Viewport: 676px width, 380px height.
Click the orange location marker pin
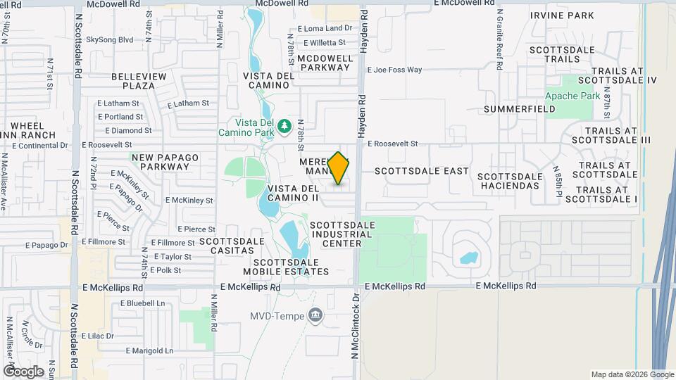(339, 168)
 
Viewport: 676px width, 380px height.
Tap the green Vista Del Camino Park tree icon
(284, 125)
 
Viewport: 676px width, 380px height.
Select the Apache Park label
(572, 95)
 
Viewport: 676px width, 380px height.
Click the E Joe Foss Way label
(394, 70)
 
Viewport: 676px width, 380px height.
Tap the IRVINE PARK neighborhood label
(562, 15)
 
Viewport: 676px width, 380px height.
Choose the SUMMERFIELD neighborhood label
(520, 109)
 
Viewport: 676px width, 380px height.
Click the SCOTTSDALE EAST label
(422, 171)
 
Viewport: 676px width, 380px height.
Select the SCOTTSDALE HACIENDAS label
(511, 182)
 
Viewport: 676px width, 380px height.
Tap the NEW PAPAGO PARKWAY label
(160, 162)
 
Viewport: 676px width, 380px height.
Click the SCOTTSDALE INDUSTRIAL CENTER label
(342, 234)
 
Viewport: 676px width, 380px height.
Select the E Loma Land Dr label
(325, 28)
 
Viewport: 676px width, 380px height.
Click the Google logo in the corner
(24, 371)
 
